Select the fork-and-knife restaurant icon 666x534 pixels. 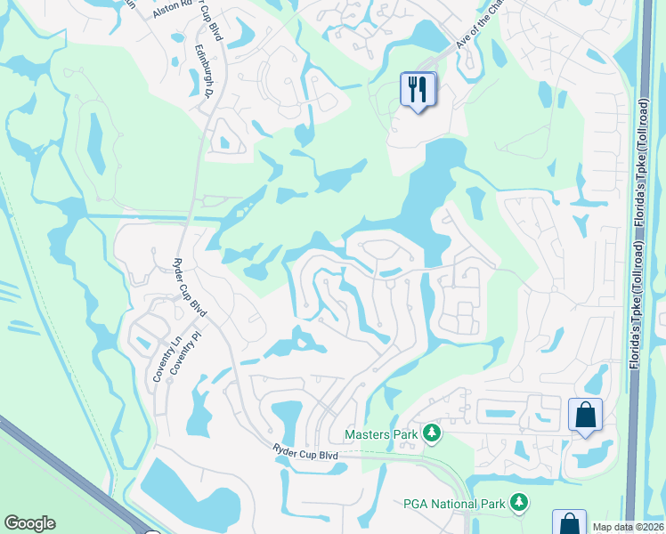pyautogui.click(x=418, y=89)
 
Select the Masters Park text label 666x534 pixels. pyautogui.click(x=381, y=434)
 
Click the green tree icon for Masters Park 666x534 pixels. pyautogui.click(x=432, y=433)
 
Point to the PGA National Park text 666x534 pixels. pyautogui.click(x=455, y=504)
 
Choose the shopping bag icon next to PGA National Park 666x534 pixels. pyautogui.click(x=568, y=523)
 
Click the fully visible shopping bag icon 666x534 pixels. pyautogui.click(x=585, y=415)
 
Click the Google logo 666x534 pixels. pyautogui.click(x=29, y=523)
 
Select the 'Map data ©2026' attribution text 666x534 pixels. pyautogui.click(x=628, y=527)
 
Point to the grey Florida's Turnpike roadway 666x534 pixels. pyautogui.click(x=634, y=267)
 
